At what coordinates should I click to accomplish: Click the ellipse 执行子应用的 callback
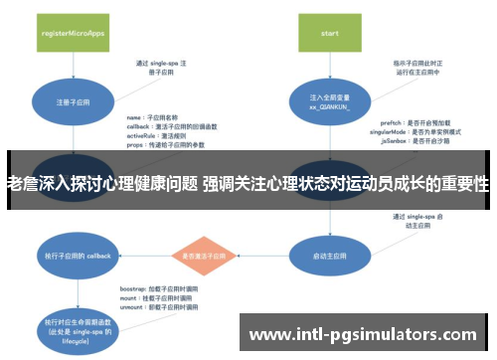[73, 256]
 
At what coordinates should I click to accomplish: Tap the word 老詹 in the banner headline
[23, 184]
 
